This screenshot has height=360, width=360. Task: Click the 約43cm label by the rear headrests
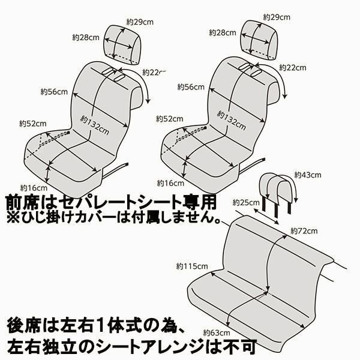coord(308,175)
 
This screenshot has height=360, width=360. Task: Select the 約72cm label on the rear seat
coord(303,230)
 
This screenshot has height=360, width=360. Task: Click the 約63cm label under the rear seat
coord(216,332)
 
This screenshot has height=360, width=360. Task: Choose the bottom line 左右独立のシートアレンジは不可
coord(132,346)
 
